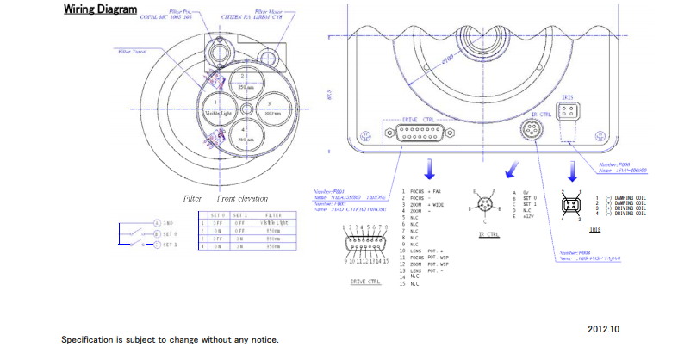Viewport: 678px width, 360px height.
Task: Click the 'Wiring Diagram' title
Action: point(99,10)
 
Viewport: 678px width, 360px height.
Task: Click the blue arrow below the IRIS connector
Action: point(569,168)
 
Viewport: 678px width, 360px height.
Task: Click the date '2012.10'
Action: point(603,329)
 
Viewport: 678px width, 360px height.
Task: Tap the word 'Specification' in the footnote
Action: point(87,340)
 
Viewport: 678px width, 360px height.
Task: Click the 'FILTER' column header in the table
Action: point(273,215)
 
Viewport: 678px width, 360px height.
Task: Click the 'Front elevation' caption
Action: point(242,198)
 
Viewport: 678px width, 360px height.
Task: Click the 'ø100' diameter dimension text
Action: point(447,58)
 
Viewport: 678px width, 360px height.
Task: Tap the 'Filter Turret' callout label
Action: point(132,51)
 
